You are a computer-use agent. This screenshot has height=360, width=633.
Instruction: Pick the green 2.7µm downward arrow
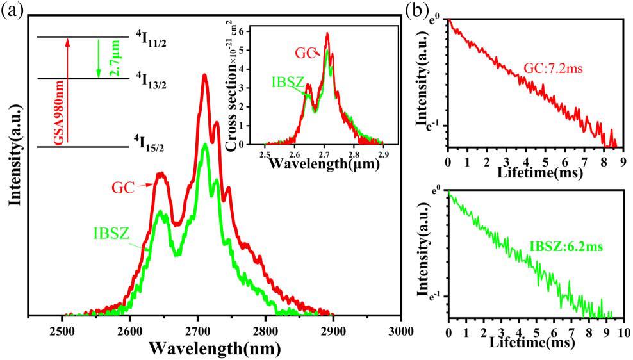[98, 58]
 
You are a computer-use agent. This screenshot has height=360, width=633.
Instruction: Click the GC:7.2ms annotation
[550, 69]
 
